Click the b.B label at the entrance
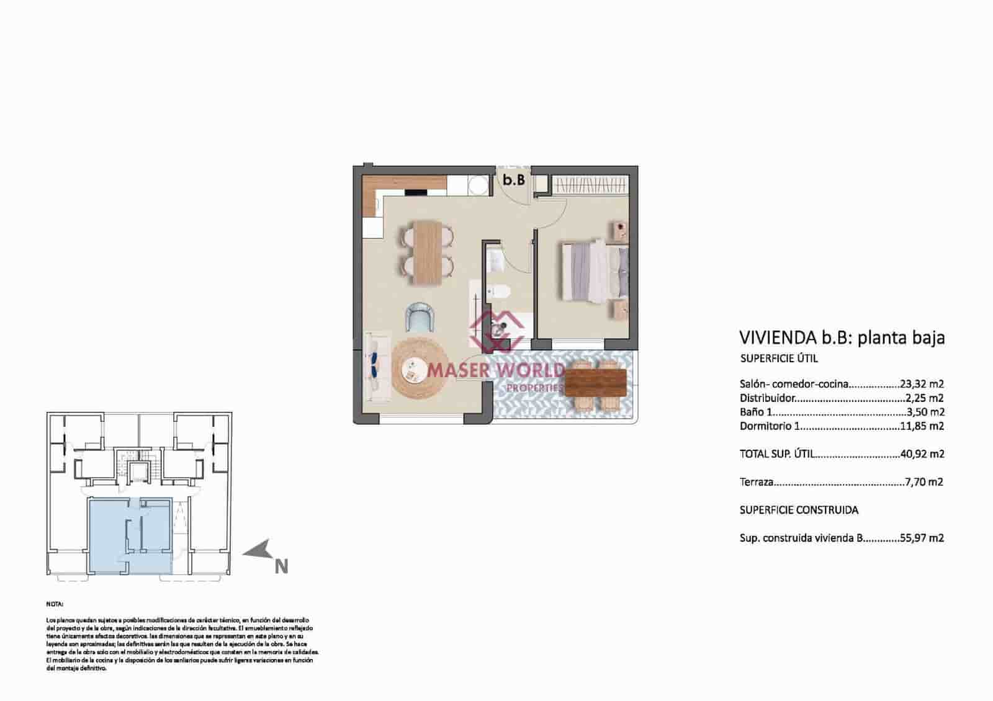(x=514, y=181)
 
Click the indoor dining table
(x=428, y=252)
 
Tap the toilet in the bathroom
(x=498, y=292)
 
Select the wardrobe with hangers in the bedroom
(x=590, y=185)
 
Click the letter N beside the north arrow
(x=281, y=566)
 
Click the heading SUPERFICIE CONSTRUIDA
(x=799, y=510)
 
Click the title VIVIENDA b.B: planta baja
(x=842, y=338)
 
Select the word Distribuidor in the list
(x=767, y=398)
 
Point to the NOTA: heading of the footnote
(x=55, y=603)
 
